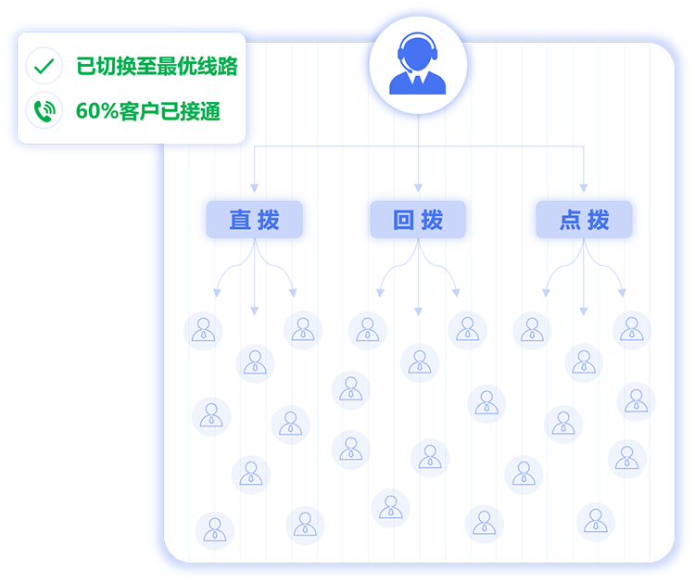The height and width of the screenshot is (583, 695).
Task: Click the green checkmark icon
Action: (x=44, y=66)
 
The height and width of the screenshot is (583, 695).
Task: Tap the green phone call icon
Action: (x=44, y=110)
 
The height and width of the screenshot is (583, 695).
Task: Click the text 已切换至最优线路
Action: (x=157, y=67)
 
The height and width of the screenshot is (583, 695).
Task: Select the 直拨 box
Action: (x=254, y=220)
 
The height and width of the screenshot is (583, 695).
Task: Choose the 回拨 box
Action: (x=418, y=220)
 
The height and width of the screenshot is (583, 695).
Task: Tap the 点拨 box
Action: (x=584, y=220)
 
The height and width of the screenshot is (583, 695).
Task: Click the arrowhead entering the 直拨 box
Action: (x=254, y=188)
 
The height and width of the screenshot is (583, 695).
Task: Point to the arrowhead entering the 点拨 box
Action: (x=584, y=188)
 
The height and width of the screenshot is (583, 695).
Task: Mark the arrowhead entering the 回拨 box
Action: (x=418, y=188)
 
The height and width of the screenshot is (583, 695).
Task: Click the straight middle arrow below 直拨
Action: (x=254, y=278)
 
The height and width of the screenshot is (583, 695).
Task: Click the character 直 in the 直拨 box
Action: (x=240, y=220)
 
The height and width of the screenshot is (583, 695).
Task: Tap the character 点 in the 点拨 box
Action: (x=570, y=220)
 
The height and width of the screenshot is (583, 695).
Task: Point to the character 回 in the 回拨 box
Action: (x=404, y=220)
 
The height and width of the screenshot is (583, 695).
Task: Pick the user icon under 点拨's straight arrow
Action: (x=584, y=362)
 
